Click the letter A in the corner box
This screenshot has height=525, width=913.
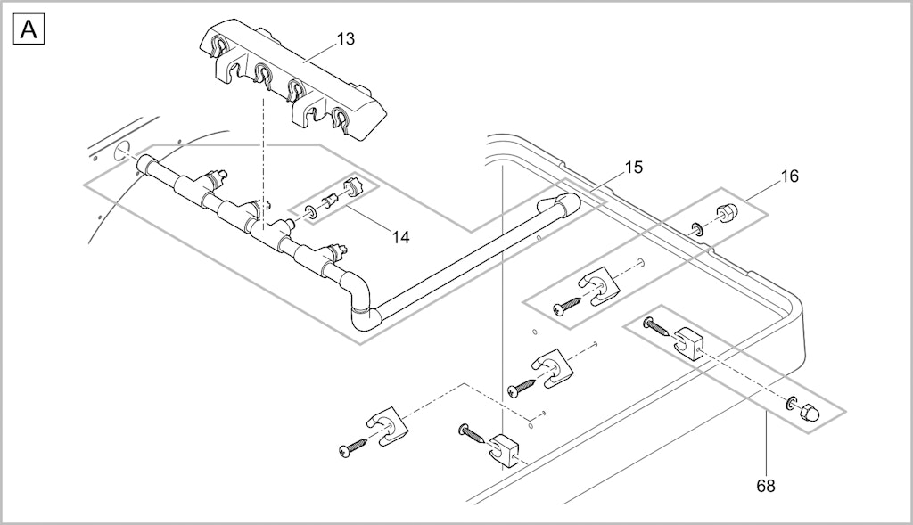coord(29,29)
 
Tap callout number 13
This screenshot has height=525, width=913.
coord(345,39)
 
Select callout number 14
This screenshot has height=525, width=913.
coord(400,237)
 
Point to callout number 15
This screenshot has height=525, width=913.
coord(634,168)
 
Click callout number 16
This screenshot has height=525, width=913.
coord(790,176)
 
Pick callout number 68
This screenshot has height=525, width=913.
coord(766,485)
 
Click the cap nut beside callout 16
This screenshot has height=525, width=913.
coord(725,213)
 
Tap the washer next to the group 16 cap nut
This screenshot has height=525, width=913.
coord(698,228)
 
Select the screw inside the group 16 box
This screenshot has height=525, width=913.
coord(567,306)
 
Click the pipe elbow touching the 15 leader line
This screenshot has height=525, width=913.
coord(560,206)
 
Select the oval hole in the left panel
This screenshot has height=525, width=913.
coord(121,152)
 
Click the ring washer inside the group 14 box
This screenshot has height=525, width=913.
coord(311,212)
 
